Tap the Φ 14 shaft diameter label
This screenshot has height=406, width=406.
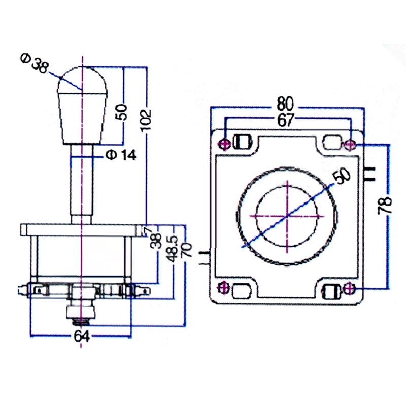(121, 155)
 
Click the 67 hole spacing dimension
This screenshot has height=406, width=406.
(286, 120)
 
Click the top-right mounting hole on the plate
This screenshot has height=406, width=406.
(349, 145)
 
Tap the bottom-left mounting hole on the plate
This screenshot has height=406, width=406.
(222, 288)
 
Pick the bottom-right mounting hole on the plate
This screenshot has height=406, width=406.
(348, 289)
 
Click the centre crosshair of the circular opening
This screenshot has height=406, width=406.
(288, 216)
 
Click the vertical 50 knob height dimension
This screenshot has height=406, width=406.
(120, 111)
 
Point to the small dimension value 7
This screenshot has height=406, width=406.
(148, 230)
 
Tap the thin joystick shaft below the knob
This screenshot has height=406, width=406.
(81, 183)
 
